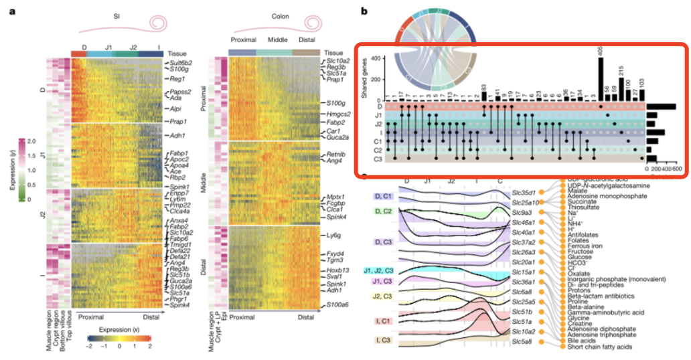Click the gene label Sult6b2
(182, 62)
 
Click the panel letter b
(364, 11)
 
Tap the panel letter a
(21, 11)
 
